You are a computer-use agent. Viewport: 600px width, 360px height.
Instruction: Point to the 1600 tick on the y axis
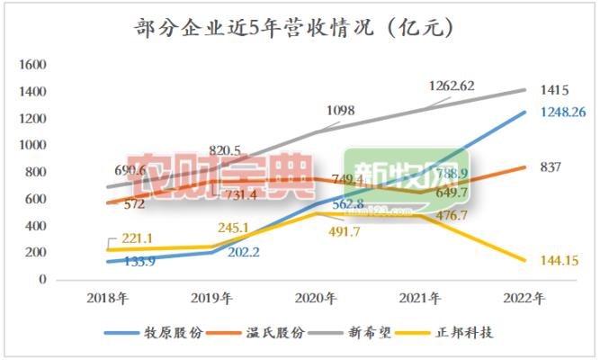click(32, 66)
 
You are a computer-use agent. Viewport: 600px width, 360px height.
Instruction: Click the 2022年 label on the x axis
click(525, 298)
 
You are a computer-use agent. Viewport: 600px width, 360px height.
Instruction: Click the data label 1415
click(556, 91)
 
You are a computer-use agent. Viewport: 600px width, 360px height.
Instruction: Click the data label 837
click(551, 166)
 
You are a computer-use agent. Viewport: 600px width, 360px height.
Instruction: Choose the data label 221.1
click(130, 238)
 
